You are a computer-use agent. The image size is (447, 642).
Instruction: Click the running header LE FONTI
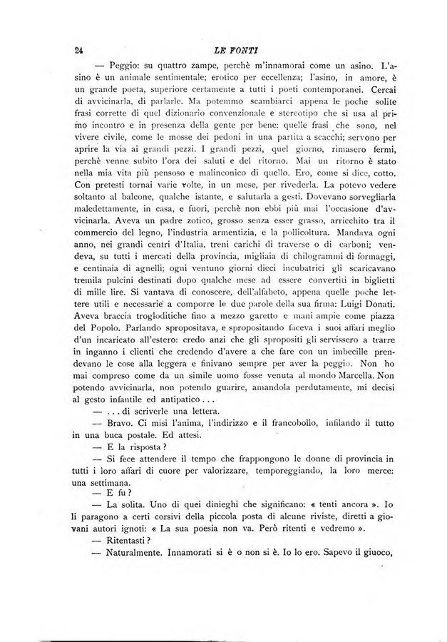pos(225,51)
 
